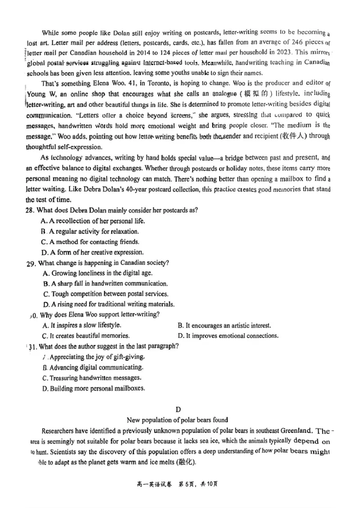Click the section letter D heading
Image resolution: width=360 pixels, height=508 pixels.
(x=178, y=410)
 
